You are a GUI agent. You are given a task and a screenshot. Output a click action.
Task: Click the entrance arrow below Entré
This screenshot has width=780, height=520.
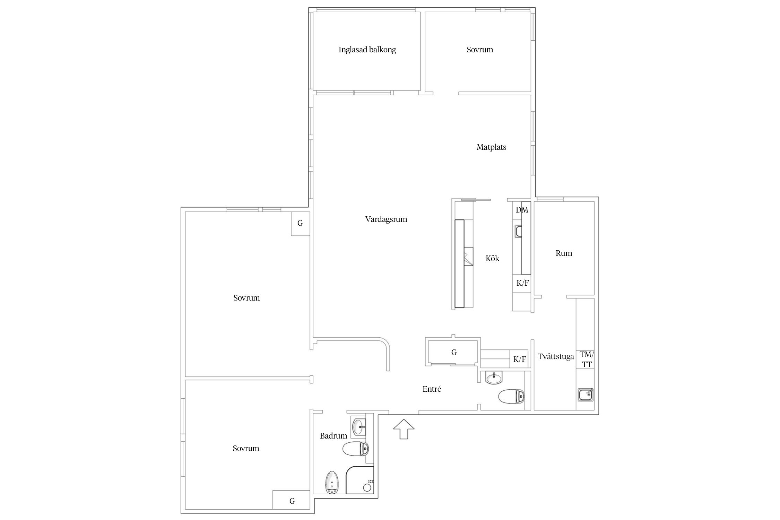[404, 429]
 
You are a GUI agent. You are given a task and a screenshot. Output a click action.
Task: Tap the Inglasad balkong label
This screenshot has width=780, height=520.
[367, 50]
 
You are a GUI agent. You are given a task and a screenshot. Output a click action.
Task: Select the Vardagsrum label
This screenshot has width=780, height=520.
[386, 219]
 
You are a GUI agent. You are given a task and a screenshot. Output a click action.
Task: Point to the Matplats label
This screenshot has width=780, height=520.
[491, 147]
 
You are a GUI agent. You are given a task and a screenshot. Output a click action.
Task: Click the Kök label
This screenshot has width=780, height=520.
[492, 258]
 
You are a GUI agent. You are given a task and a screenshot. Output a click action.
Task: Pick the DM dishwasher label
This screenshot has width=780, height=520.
[522, 210]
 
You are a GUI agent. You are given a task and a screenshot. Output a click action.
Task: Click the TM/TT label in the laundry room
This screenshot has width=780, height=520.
[587, 359]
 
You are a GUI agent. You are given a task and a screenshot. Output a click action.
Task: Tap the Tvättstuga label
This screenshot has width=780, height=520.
[556, 356]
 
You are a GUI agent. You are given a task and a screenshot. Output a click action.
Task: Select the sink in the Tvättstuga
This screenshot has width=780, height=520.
[586, 395]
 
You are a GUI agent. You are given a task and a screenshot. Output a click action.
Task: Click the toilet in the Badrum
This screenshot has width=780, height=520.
[355, 449]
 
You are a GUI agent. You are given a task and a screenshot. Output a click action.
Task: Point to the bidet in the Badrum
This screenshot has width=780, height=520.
[332, 483]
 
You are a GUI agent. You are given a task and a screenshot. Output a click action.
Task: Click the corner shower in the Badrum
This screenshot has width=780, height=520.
[360, 480]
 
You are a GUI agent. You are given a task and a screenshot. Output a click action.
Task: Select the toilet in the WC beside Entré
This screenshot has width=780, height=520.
[511, 396]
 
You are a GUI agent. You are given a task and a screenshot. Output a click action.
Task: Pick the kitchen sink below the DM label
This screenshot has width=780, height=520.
[518, 231]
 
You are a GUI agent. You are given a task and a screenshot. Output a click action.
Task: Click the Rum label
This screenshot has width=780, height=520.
[564, 253]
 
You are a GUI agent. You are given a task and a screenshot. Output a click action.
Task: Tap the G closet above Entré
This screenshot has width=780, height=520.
[454, 353]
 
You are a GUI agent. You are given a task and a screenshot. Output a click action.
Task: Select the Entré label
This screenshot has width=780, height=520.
[432, 389]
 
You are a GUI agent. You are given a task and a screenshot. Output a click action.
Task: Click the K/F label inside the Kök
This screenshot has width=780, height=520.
[522, 283]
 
